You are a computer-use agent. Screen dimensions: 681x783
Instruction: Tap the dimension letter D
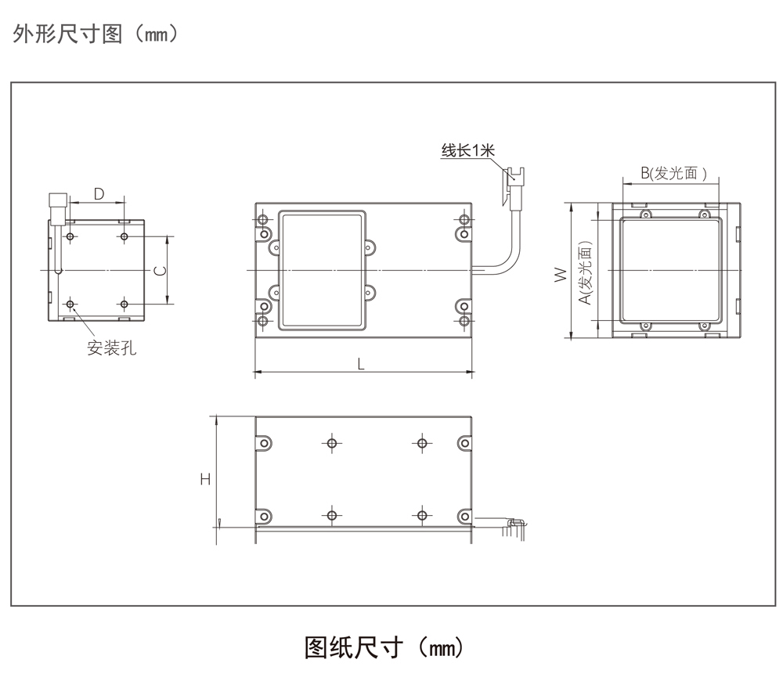tap(99, 193)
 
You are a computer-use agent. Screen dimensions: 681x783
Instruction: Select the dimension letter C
tap(160, 270)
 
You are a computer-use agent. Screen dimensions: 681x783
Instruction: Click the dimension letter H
tap(205, 477)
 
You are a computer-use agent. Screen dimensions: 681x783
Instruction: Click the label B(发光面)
tap(671, 174)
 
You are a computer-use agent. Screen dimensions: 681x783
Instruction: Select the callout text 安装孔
tap(111, 348)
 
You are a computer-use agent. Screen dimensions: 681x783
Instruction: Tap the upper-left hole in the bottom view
tap(332, 444)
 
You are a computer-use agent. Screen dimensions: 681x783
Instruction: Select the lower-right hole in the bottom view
tap(422, 515)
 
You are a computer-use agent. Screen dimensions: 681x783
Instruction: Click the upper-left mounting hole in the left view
tap(71, 236)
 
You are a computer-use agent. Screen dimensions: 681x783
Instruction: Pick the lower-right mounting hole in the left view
tap(124, 303)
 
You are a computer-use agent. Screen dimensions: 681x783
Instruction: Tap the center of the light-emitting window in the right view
tap(670, 270)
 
